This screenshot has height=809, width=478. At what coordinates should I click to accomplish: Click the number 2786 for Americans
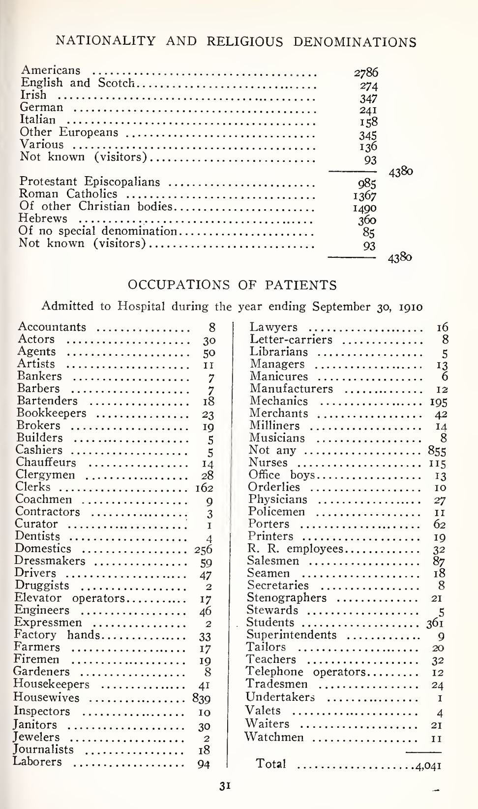click(366, 73)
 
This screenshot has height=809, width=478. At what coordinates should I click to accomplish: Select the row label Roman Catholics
click(68, 194)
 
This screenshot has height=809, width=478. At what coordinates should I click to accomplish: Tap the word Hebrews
click(43, 218)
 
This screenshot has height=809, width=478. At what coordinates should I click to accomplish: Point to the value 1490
click(365, 208)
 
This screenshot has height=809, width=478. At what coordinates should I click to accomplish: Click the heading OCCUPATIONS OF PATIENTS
click(232, 285)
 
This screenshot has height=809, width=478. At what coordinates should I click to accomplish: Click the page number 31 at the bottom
click(225, 786)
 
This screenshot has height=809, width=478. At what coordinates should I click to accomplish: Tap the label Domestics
click(43, 549)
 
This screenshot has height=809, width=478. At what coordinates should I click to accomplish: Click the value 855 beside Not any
click(437, 451)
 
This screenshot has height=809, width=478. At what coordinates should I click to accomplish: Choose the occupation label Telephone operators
click(305, 672)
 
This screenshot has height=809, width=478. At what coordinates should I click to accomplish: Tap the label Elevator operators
click(69, 598)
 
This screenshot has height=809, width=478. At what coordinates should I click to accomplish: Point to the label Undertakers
click(280, 697)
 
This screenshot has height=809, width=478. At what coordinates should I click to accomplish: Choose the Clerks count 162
click(203, 488)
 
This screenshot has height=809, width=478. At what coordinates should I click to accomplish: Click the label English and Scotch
click(77, 83)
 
